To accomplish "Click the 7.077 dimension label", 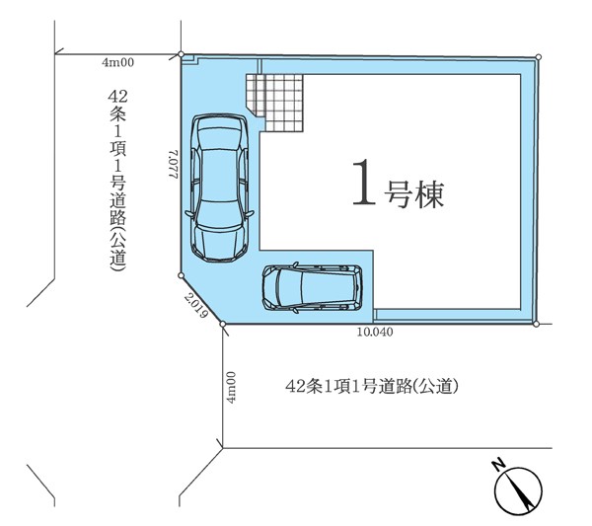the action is click(x=173, y=165).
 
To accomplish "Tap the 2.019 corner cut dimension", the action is click(x=196, y=306).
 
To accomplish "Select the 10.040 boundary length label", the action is click(x=375, y=332).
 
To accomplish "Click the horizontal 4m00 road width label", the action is click(x=117, y=62).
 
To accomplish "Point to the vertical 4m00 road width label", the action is click(x=231, y=388).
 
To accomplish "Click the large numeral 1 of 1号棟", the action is click(x=364, y=182).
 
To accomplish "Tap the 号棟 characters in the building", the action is click(x=413, y=194).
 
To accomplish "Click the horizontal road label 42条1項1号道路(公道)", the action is click(x=372, y=386).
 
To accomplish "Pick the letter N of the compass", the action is click(x=499, y=465).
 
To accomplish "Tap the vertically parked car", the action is click(x=219, y=188).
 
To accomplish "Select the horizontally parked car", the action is click(x=312, y=288).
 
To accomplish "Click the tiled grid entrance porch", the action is click(x=274, y=103).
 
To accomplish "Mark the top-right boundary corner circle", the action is click(x=539, y=57).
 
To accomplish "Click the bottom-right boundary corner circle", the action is click(x=536, y=324).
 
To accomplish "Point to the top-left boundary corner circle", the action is click(x=182, y=54).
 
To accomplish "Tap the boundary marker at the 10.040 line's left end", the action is click(x=223, y=324).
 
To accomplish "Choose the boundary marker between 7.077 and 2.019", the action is click(x=181, y=275).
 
